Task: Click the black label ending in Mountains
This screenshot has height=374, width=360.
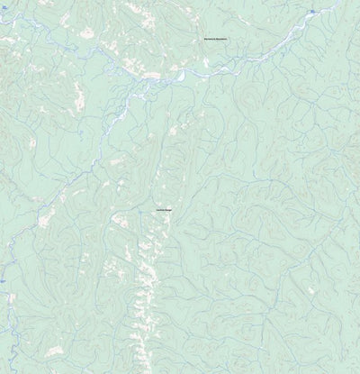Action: pyautogui.click(x=217, y=41)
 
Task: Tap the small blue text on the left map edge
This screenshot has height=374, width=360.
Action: pyautogui.click(x=3, y=281)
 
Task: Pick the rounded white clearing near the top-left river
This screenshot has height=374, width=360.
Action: pyautogui.click(x=86, y=34)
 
